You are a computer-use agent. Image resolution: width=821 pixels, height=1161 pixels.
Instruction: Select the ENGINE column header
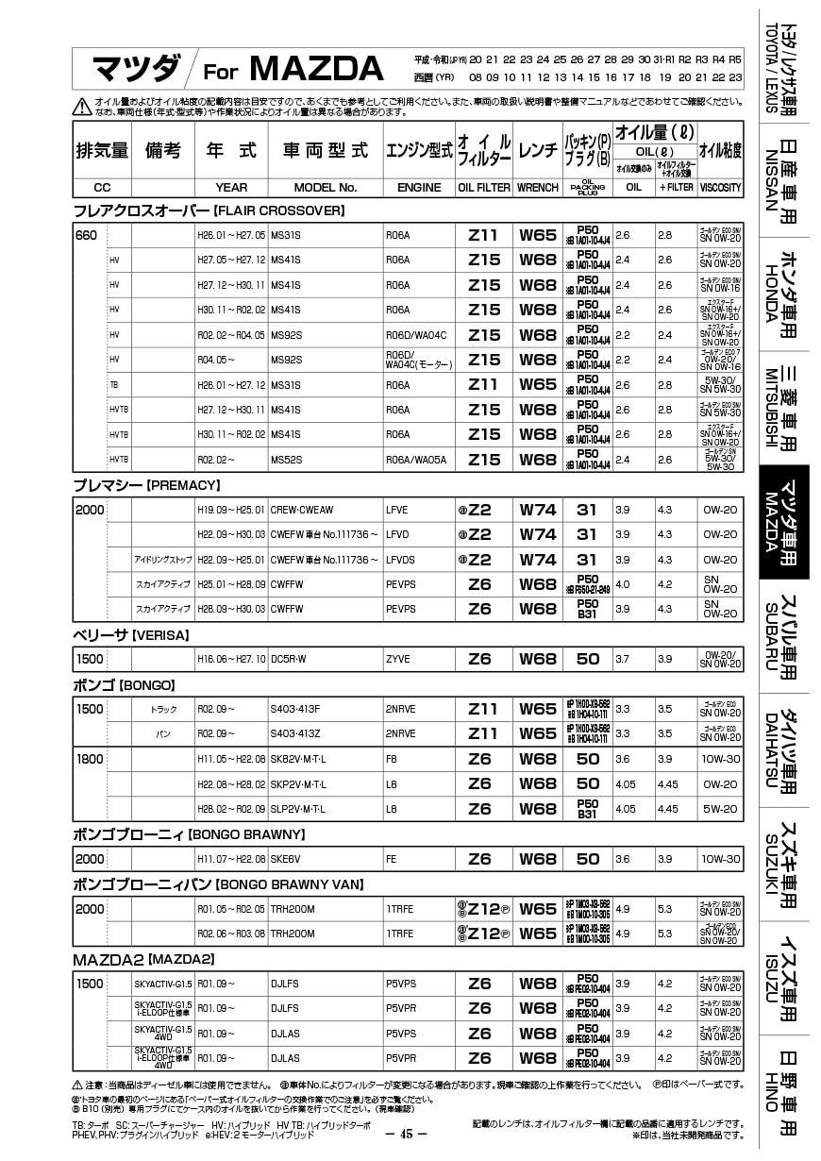pos(419,188)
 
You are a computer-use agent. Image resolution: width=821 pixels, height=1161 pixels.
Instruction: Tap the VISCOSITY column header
pos(721,188)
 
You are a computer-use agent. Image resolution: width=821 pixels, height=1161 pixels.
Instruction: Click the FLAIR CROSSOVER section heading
pos(209,210)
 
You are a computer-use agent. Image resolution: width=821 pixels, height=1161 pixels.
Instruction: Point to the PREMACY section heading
pos(146,485)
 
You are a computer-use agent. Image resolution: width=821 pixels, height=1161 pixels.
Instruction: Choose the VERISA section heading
pos(131,634)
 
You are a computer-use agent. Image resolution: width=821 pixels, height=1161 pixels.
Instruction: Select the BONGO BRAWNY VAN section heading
pos(217,884)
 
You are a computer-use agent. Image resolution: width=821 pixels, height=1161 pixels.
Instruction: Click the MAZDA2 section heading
pos(143,959)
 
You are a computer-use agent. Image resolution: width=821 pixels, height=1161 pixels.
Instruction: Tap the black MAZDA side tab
pos(784,522)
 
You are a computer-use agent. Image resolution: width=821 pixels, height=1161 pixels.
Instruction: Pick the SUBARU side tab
pos(784,636)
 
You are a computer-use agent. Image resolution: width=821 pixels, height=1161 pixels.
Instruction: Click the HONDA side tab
pos(784,294)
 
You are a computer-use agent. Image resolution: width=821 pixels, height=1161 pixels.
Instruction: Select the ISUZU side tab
pos(784,978)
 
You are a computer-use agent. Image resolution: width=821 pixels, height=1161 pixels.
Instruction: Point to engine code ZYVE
pos(398,659)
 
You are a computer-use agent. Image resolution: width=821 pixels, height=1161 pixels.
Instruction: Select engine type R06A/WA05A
pos(416,460)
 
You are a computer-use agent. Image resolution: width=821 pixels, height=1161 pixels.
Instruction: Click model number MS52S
pos(286,460)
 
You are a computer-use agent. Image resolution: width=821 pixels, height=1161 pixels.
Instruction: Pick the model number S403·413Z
pos(295,733)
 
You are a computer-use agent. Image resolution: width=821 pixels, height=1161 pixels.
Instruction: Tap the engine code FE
pos(392,859)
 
